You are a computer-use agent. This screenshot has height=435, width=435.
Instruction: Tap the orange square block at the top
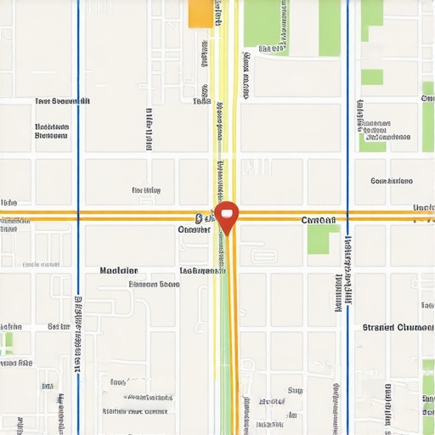[x=201, y=13]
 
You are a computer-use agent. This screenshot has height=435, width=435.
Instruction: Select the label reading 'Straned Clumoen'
[x=398, y=327]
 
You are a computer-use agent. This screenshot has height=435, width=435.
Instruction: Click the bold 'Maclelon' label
[x=118, y=271]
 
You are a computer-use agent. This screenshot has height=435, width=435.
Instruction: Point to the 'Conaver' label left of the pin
[x=194, y=229]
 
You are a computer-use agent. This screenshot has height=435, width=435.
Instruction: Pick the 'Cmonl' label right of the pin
[x=319, y=220]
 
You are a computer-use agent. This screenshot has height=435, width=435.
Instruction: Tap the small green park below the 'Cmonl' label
[x=318, y=239]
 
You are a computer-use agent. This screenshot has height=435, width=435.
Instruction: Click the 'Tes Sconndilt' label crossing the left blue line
[x=62, y=101]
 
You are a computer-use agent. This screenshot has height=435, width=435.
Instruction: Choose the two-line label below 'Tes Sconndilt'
[x=51, y=130]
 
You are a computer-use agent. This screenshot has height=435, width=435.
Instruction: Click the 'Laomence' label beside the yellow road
[x=202, y=271]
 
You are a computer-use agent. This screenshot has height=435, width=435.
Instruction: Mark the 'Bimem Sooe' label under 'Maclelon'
[x=154, y=285]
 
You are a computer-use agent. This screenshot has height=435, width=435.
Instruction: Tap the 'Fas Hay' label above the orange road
[x=146, y=190]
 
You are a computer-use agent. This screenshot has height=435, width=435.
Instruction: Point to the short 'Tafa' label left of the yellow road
[x=201, y=101]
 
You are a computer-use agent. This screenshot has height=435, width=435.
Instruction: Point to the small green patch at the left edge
[x=8, y=342]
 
